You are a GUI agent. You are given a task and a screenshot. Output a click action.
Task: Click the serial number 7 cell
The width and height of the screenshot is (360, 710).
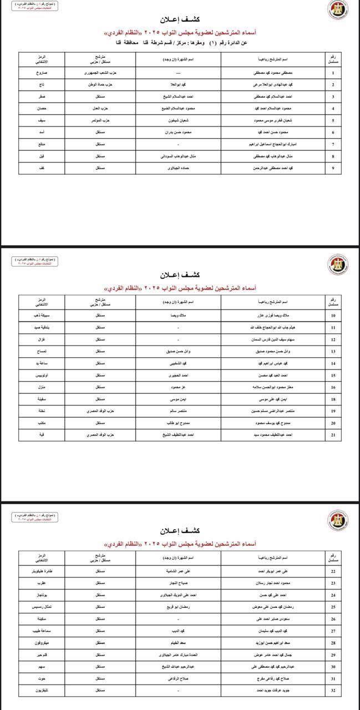click(x=332, y=144)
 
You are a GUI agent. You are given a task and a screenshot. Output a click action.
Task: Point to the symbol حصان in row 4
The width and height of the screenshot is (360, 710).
click(x=41, y=108)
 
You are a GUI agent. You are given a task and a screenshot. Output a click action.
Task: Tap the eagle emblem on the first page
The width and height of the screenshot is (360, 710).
click(x=336, y=10)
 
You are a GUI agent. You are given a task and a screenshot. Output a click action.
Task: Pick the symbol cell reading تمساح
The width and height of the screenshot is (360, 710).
click(x=41, y=351)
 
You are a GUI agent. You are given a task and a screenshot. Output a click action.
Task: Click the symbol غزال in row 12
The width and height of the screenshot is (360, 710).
click(x=41, y=339)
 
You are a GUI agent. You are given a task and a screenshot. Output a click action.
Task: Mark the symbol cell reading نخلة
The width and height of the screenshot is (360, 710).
click(x=41, y=411)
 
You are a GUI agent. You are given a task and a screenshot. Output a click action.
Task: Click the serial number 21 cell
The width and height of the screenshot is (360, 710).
click(x=332, y=435)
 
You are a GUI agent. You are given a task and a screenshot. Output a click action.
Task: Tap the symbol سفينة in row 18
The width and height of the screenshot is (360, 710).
click(x=41, y=399)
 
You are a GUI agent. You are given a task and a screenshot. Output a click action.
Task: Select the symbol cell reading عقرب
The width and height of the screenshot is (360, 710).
click(x=41, y=583)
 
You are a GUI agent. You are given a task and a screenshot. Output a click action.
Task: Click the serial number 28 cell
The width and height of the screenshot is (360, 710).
click(x=332, y=642)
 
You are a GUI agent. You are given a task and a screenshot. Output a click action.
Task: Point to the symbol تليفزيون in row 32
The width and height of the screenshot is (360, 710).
click(x=41, y=691)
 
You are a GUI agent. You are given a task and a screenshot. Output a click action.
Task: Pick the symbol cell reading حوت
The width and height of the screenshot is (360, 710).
click(x=41, y=678)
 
